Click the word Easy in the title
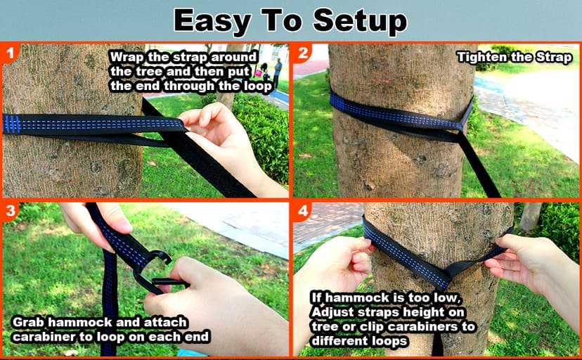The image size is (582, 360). pos(214,21)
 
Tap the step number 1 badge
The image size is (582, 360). pos(9,53)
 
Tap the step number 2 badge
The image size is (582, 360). pos(303,53)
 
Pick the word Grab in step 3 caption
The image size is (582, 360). pos(29,322)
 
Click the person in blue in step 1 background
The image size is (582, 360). pos(278,70)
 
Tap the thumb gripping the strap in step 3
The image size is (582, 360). pos(112,219)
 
